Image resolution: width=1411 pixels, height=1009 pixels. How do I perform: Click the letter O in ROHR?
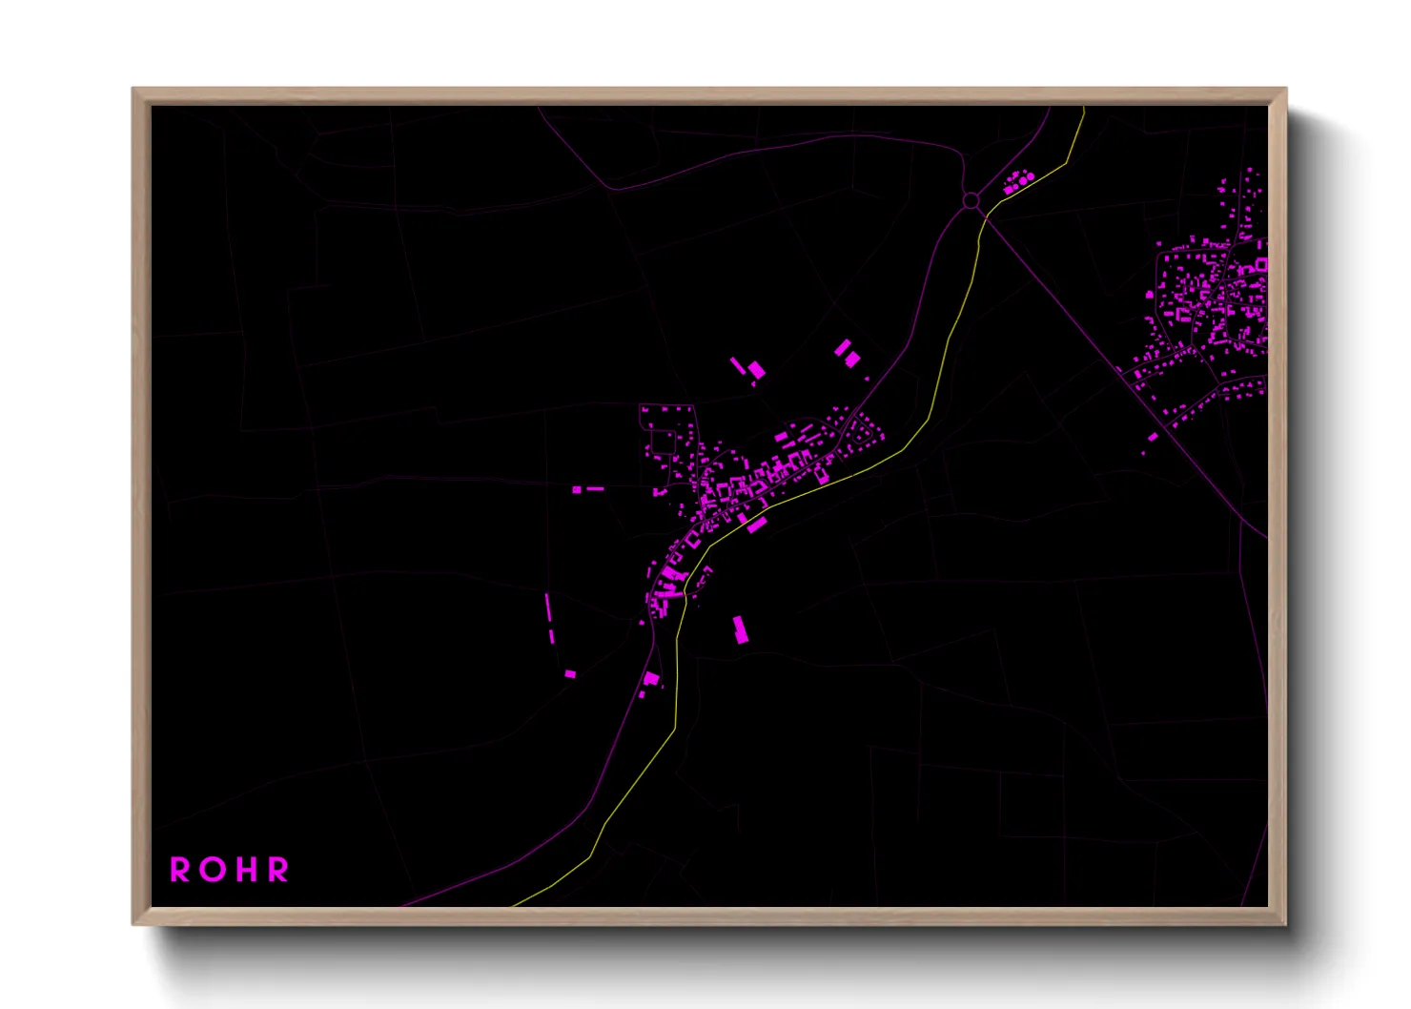click(207, 870)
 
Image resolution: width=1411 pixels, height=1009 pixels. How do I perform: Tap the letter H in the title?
click(243, 870)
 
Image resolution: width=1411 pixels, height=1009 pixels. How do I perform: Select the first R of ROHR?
click(179, 870)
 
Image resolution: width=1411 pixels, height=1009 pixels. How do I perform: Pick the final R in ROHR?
click(277, 870)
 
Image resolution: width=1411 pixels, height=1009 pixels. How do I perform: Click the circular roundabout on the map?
click(971, 200)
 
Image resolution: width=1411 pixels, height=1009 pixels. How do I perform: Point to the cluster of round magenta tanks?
click(1019, 180)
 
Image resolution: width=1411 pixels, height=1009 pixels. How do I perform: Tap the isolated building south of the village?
click(740, 628)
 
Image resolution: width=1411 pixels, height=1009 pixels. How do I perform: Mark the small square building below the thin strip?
click(570, 674)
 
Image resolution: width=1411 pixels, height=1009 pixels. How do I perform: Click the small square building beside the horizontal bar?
click(577, 490)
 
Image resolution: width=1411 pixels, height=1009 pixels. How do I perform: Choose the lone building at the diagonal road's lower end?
click(1153, 437)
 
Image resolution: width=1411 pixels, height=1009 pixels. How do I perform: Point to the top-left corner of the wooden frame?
click(133, 90)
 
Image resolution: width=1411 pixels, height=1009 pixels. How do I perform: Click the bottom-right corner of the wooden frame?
click(1285, 923)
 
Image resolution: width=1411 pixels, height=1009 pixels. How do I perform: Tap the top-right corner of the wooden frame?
click(1285, 90)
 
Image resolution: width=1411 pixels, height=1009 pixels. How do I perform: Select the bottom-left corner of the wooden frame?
click(133, 923)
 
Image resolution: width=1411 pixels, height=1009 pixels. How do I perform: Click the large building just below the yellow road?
click(757, 524)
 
